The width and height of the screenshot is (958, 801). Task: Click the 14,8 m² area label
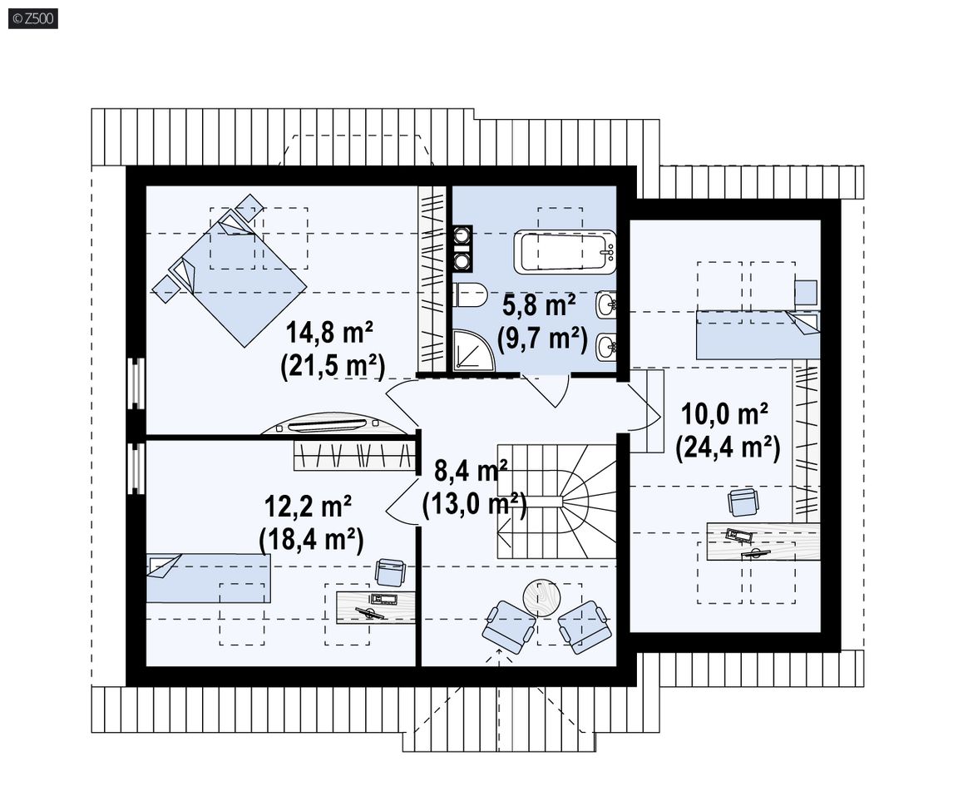[330, 333]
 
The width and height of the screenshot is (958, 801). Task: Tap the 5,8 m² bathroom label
[539, 304]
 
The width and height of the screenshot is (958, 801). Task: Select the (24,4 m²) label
[728, 447]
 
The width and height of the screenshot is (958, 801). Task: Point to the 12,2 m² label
[308, 507]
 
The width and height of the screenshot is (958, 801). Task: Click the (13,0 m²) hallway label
[474, 505]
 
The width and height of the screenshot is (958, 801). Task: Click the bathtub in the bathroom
[565, 252]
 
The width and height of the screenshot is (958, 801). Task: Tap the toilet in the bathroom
[469, 296]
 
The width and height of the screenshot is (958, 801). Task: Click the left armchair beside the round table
[509, 623]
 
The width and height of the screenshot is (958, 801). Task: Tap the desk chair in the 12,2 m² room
[390, 573]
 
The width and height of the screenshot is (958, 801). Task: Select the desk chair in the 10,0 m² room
[743, 503]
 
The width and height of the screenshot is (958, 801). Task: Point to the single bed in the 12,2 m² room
[209, 578]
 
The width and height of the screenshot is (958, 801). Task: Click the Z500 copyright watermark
[33, 19]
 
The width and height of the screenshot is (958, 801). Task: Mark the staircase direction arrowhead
[503, 527]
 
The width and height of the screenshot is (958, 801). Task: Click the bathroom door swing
[546, 391]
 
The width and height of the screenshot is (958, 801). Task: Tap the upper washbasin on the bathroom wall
[606, 304]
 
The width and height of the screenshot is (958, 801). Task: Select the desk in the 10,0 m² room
[763, 541]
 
